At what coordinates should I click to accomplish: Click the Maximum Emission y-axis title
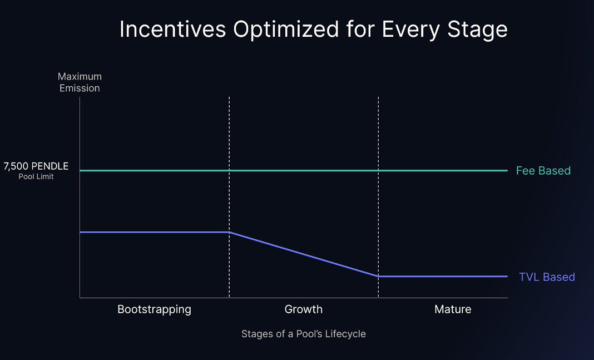[x=80, y=82]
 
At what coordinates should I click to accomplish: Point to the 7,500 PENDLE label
[x=36, y=166]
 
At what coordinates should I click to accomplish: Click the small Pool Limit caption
[x=36, y=177]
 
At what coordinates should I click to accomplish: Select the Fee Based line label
[x=543, y=171]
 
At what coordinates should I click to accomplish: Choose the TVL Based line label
[x=547, y=277]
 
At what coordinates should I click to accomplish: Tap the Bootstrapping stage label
[x=154, y=309]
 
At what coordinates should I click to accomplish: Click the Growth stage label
[x=303, y=309]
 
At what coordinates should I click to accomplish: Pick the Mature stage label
[x=453, y=309]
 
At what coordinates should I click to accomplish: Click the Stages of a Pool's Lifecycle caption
[x=303, y=334]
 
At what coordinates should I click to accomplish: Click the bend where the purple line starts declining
[x=229, y=232]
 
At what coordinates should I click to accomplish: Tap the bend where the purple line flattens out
[x=378, y=276]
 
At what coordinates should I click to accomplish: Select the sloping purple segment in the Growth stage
[x=304, y=254]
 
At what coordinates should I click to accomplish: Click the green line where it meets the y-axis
[x=81, y=171]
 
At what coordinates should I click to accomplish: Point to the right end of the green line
[x=507, y=171]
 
